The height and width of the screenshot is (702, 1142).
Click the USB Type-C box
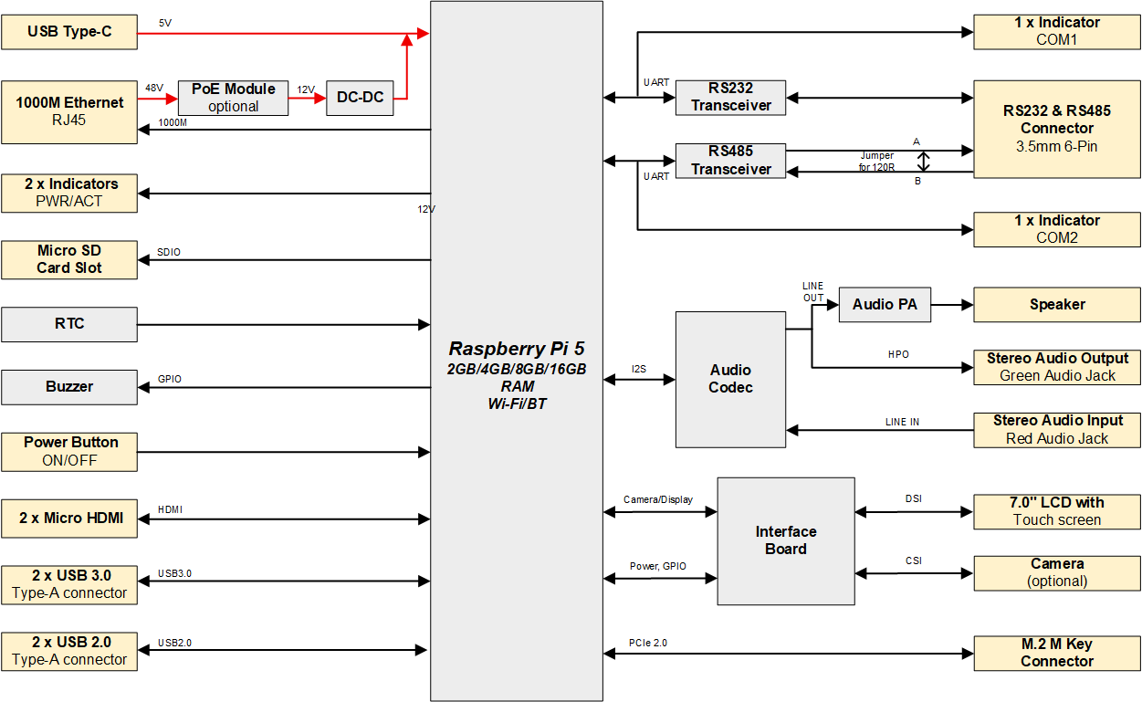tap(69, 32)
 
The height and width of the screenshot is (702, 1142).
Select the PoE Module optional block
tap(233, 98)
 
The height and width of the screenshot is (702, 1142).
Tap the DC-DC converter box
tap(360, 98)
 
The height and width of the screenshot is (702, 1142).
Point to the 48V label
tap(153, 89)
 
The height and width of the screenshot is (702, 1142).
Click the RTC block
tap(69, 324)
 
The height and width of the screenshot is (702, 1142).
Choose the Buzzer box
tap(69, 387)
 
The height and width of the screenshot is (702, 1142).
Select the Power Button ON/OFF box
tap(69, 451)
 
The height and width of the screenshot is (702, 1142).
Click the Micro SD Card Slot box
tap(69, 259)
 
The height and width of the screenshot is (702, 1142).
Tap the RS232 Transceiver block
tap(730, 98)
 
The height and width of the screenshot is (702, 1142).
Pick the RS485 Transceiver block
tap(730, 161)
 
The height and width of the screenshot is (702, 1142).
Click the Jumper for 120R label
tap(876, 162)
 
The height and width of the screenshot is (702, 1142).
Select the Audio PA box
tap(885, 305)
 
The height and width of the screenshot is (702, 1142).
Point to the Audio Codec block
tap(730, 379)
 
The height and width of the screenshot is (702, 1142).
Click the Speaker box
tap(1056, 305)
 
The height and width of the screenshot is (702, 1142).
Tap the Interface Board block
tap(785, 540)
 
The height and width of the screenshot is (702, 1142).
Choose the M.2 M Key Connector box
tap(1056, 653)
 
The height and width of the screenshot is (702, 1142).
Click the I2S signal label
tap(639, 369)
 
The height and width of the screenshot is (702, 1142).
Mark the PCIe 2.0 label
tap(648, 643)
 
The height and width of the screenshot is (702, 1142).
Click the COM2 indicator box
tap(1056, 229)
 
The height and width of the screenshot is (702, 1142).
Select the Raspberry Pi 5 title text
tap(516, 349)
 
